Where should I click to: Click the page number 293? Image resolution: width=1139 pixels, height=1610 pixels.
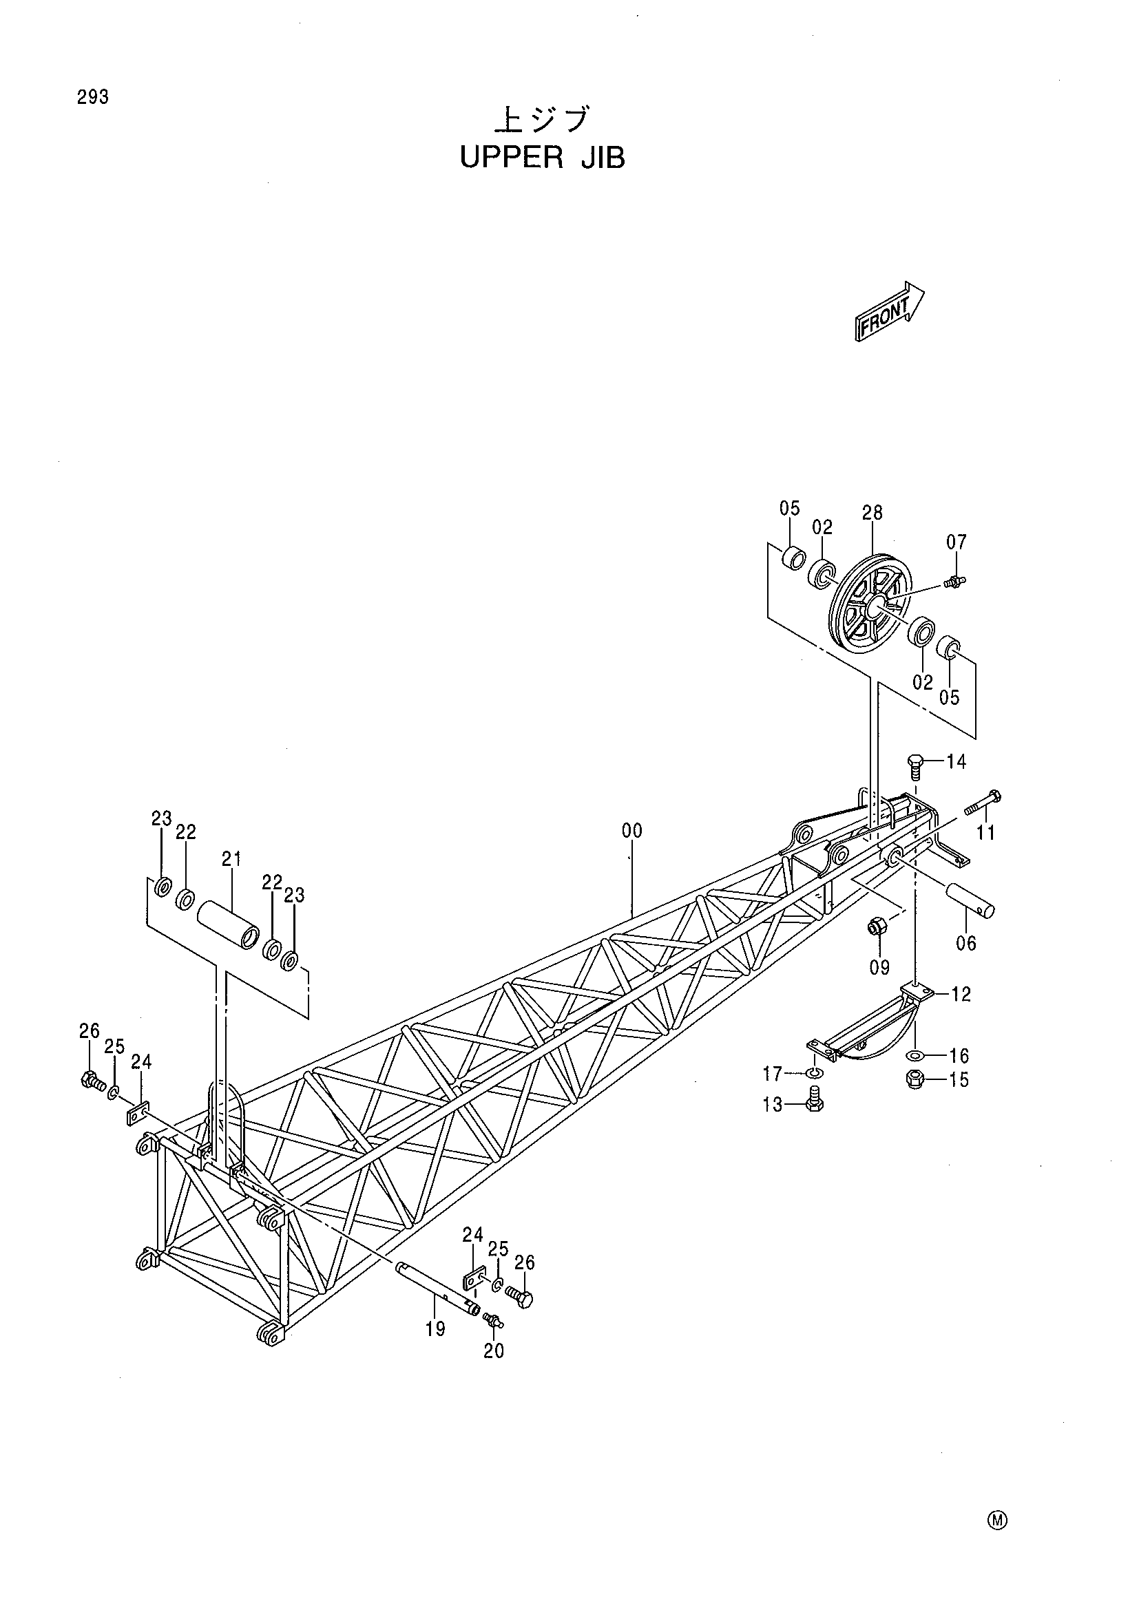(93, 98)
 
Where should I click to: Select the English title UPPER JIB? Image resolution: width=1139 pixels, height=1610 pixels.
(541, 159)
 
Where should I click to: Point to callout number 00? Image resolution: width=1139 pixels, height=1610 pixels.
(631, 831)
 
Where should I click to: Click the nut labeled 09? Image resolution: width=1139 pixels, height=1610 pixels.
(875, 926)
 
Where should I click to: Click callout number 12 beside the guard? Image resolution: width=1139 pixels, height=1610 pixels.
(961, 995)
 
